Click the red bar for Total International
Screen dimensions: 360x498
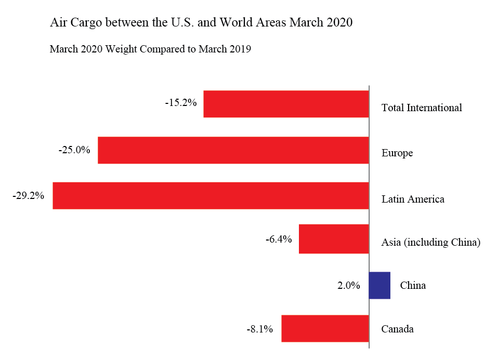click(x=286, y=104)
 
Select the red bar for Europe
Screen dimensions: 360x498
click(x=233, y=150)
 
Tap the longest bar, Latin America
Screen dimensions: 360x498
click(x=211, y=196)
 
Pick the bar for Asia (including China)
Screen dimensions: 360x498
click(x=334, y=239)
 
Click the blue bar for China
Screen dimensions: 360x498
click(x=379, y=285)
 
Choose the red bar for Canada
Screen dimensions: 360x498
click(x=325, y=328)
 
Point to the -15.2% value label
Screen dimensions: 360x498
click(x=181, y=103)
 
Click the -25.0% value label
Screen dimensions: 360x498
click(x=75, y=150)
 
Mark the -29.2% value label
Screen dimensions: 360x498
click(x=29, y=196)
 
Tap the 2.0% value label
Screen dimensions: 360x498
click(x=349, y=285)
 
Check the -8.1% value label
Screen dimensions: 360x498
click(x=259, y=329)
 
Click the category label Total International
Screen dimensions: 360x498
click(x=422, y=108)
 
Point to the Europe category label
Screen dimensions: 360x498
click(x=397, y=153)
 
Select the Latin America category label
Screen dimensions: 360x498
click(x=413, y=199)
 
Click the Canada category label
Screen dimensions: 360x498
click(x=398, y=329)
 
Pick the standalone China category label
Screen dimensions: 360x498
click(x=413, y=285)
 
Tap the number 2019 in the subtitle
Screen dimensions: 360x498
click(x=239, y=49)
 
